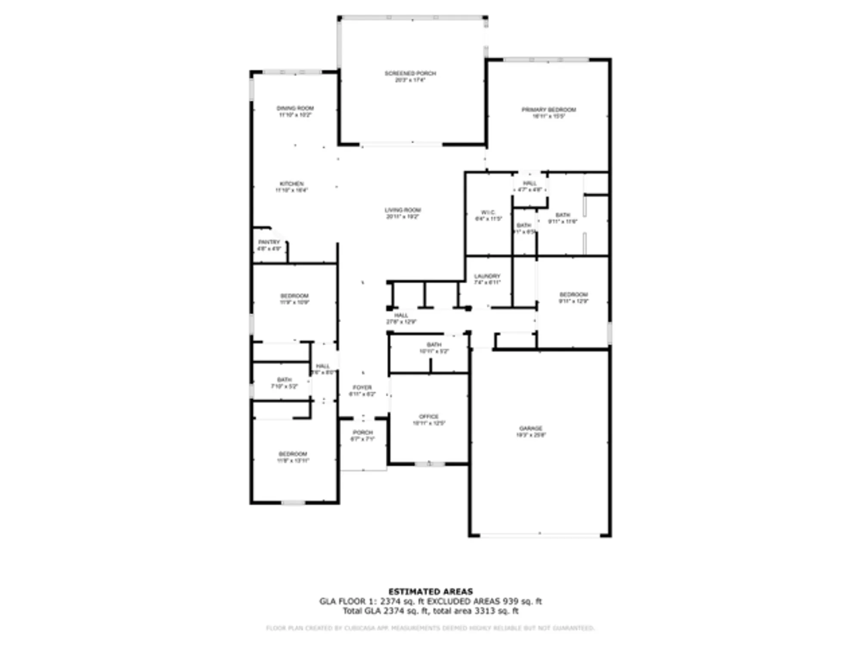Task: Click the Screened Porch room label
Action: [410, 77]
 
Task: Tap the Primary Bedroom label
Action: [548, 113]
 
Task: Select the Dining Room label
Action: [295, 112]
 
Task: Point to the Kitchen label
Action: [291, 187]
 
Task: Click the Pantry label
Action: [269, 245]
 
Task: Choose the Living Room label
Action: [403, 213]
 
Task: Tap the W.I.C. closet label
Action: [488, 215]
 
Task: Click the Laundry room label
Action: [487, 279]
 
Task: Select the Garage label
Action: [531, 432]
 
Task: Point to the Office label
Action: [429, 420]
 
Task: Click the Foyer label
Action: [362, 391]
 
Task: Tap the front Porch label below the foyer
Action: [362, 435]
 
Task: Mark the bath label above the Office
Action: [434, 348]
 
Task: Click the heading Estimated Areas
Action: [430, 591]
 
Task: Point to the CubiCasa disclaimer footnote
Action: [430, 628]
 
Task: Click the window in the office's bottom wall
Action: [430, 464]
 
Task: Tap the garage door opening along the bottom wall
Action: [540, 535]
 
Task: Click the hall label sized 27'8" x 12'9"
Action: [401, 319]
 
